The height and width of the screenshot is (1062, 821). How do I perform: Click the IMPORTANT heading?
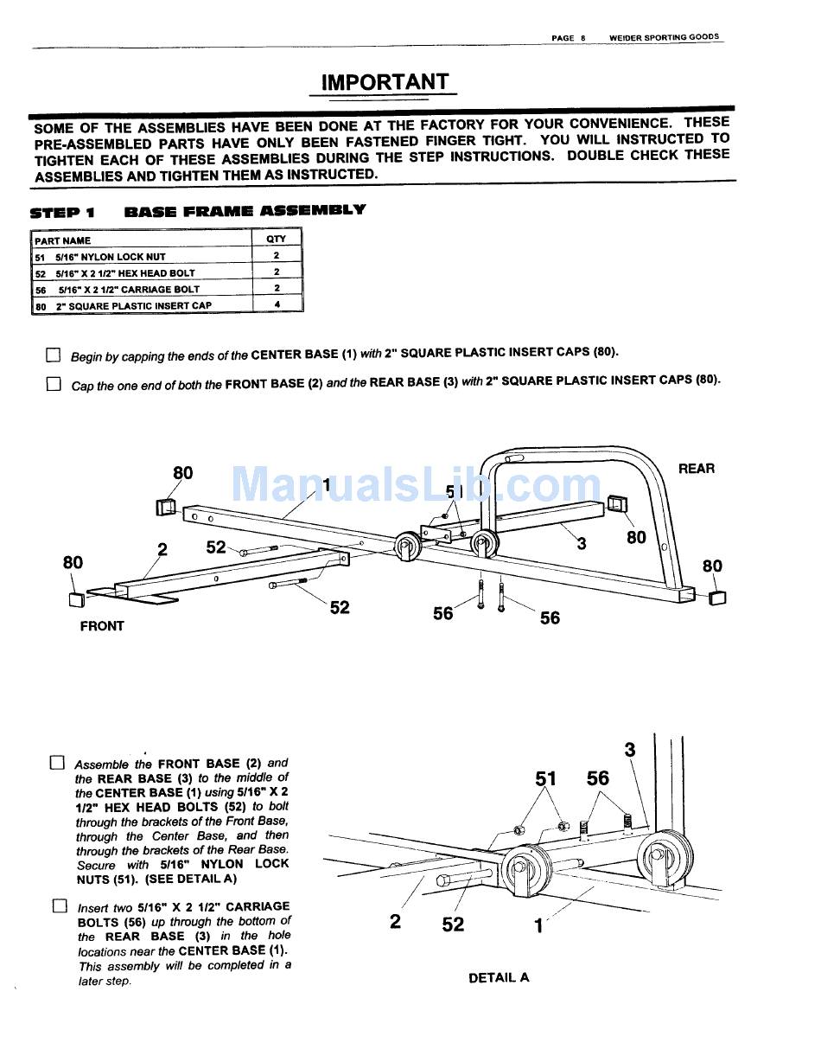click(385, 82)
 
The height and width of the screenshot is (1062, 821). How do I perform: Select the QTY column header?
click(277, 239)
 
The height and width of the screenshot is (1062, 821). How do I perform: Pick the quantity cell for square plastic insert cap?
click(277, 305)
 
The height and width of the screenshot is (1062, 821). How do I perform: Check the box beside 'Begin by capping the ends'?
click(54, 355)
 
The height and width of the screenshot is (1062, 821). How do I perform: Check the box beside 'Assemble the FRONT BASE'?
click(57, 763)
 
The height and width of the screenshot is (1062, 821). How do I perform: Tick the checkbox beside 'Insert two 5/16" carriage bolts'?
click(60, 906)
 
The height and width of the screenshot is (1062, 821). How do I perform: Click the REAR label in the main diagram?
click(697, 469)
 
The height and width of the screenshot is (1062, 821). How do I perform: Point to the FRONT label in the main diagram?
click(102, 626)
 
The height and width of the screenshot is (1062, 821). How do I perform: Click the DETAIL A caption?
click(499, 978)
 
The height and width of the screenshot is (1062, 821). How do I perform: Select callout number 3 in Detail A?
click(630, 750)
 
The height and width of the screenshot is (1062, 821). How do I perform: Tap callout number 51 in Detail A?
click(545, 778)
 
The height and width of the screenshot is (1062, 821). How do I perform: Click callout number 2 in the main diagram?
click(162, 548)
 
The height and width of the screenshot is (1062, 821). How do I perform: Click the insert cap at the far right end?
click(717, 598)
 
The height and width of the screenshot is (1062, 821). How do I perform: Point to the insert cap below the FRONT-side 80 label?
click(76, 599)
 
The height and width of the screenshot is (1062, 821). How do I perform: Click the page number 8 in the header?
click(583, 38)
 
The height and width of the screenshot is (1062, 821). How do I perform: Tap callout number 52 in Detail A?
click(453, 924)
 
